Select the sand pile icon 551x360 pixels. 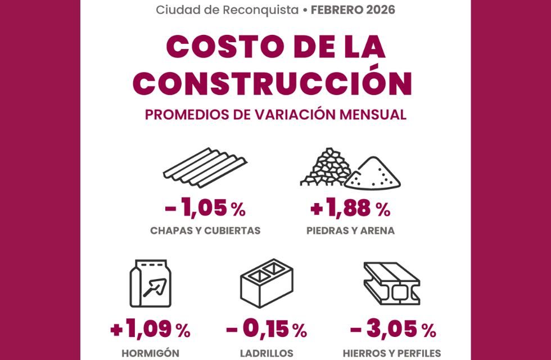372,174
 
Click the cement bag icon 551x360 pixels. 150,283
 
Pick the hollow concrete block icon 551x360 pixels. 267,281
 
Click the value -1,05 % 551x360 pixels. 205,209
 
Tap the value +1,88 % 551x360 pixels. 350,209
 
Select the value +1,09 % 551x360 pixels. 150,330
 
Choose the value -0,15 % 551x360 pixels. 267,330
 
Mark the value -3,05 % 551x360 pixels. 392,330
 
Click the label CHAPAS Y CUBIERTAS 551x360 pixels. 205,231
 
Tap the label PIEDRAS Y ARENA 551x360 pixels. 350,231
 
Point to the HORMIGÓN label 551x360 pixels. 150,353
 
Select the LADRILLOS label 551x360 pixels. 267,353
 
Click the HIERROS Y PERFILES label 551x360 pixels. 392,353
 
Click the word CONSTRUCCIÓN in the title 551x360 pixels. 275,82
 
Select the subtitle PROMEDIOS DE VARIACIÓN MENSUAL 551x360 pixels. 275,114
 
